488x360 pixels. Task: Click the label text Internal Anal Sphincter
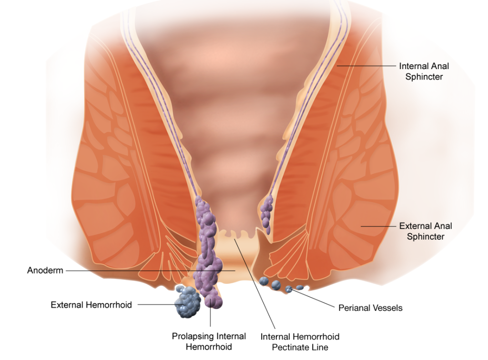coord(424,71)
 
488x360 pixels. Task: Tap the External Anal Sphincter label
coord(426,231)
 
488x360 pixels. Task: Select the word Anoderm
coord(45,270)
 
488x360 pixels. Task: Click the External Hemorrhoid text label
coord(91,305)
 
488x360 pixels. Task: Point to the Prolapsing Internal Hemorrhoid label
coord(209,341)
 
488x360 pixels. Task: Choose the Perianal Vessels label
coord(370,308)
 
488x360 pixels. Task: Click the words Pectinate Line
coord(300,347)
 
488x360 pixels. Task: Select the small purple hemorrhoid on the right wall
coord(267,214)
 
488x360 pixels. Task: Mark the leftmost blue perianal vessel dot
coord(264,281)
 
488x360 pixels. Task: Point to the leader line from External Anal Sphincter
coord(378,226)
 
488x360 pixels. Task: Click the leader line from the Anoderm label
coord(151,271)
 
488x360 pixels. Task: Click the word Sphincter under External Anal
coord(426,237)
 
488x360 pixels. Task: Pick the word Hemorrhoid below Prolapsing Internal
coord(209,347)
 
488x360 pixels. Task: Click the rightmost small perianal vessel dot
coord(299,287)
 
